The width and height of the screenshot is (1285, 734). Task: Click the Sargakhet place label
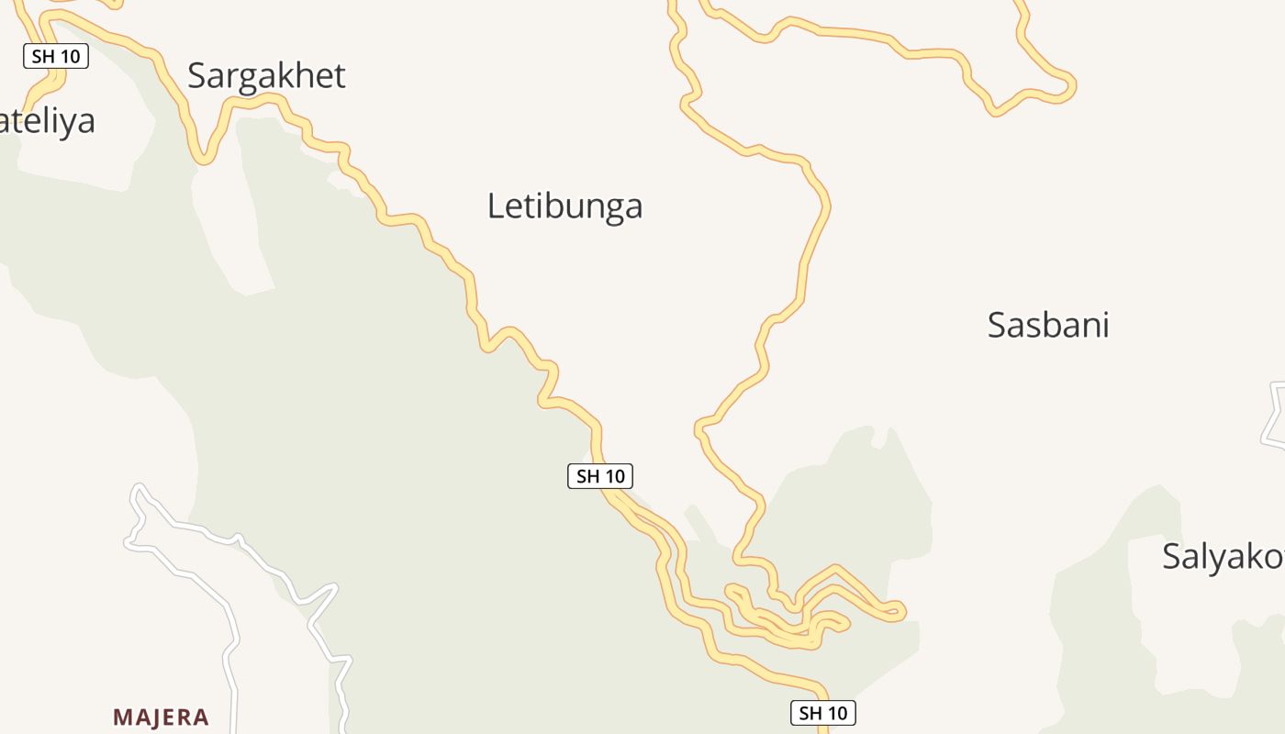[x=266, y=75]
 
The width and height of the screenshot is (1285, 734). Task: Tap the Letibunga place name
[x=564, y=206]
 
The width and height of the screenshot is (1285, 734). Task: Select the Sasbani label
[x=1048, y=325]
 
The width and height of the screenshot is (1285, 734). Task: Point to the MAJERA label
[x=161, y=717]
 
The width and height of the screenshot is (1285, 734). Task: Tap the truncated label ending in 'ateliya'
[x=47, y=121]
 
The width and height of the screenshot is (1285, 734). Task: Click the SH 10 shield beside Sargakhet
[x=56, y=56]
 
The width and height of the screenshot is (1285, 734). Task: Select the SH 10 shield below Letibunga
[x=600, y=476]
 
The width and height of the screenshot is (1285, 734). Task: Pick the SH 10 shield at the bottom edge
[x=822, y=713]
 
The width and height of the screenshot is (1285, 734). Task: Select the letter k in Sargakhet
[x=276, y=75]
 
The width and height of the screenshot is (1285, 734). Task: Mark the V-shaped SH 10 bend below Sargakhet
[x=205, y=158]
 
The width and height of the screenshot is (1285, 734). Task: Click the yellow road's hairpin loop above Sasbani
[x=1065, y=87]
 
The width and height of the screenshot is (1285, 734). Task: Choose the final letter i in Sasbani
[x=1104, y=325]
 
